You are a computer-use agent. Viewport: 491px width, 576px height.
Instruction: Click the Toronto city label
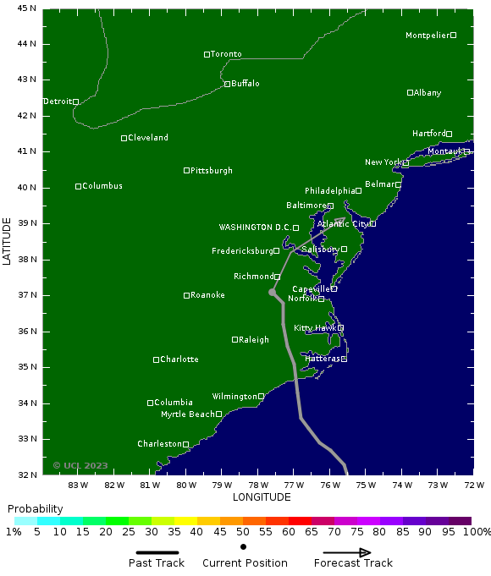click(x=226, y=54)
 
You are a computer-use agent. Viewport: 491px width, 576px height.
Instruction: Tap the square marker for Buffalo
click(x=227, y=84)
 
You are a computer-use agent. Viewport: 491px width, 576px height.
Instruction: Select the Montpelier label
click(x=428, y=36)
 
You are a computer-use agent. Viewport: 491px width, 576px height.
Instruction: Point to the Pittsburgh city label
click(x=212, y=171)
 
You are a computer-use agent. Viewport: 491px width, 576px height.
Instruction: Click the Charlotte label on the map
click(x=179, y=359)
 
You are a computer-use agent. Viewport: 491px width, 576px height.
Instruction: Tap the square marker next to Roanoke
click(x=187, y=295)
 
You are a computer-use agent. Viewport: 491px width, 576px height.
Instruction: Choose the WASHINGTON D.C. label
click(x=255, y=228)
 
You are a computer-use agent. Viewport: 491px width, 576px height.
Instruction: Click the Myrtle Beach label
click(x=188, y=414)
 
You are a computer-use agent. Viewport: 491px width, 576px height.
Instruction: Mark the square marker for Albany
click(x=411, y=93)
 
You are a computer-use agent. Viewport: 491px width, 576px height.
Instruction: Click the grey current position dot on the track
click(x=273, y=293)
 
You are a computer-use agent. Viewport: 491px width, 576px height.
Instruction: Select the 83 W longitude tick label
click(x=79, y=485)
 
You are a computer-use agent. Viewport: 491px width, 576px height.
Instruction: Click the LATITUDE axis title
click(x=8, y=241)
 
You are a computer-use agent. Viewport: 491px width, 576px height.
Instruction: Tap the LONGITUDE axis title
click(x=262, y=496)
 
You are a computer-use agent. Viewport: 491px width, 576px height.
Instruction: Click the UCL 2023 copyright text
click(x=80, y=465)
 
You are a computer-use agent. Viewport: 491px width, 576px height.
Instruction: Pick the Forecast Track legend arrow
click(x=342, y=553)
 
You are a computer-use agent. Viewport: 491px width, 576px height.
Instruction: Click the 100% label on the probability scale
click(x=477, y=532)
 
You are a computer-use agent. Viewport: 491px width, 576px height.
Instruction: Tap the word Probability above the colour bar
click(x=35, y=509)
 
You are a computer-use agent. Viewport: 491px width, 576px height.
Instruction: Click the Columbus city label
click(x=102, y=186)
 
